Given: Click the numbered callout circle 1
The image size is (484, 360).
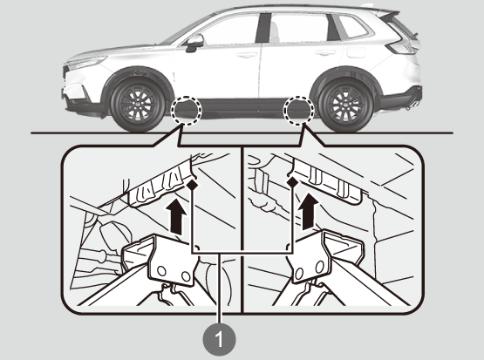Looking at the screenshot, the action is click(x=219, y=339).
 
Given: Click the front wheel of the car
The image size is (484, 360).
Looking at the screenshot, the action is click(x=138, y=105).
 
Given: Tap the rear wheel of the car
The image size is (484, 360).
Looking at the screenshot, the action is click(x=346, y=105).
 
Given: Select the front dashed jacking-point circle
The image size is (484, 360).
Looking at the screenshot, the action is click(x=187, y=110).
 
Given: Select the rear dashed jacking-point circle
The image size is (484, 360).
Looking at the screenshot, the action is click(x=299, y=110).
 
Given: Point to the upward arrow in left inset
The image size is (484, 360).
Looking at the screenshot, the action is click(x=176, y=215).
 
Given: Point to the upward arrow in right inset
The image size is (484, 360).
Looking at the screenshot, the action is click(x=309, y=212).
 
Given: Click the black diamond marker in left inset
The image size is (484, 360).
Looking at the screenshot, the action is click(x=192, y=185).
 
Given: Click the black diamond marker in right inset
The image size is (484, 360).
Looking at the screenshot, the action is click(x=293, y=183).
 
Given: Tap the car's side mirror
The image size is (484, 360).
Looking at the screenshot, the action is click(x=194, y=42).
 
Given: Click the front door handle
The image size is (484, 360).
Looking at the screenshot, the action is click(x=247, y=55).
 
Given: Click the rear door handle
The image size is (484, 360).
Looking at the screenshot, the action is click(x=325, y=53).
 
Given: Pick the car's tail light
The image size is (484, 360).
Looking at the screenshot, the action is click(x=401, y=44).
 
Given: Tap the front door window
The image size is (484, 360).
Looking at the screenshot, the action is click(x=230, y=30).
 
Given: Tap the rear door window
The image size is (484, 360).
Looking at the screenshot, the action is click(x=299, y=27).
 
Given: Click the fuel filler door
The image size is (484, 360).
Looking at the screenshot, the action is click(x=356, y=51).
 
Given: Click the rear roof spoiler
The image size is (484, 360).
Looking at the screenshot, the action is click(x=390, y=13).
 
